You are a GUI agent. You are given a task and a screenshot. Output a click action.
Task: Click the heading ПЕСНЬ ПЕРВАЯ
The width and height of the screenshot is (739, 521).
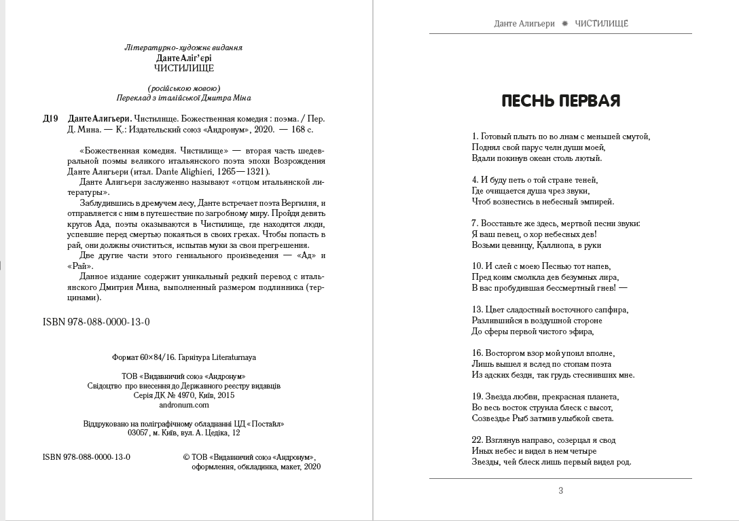[560, 101]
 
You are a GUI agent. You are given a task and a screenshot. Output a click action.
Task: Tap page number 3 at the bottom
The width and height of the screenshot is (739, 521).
[560, 490]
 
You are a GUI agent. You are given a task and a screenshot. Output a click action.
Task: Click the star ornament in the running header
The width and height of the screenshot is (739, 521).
[564, 24]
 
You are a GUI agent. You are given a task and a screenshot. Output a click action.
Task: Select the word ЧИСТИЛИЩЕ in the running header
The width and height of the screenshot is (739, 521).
[601, 24]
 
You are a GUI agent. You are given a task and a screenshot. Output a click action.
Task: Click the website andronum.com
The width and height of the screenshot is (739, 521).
[184, 405]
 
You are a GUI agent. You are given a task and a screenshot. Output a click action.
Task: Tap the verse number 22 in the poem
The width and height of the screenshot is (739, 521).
[477, 440]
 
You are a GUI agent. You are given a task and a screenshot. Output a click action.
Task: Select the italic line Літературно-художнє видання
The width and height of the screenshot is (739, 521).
[184, 48]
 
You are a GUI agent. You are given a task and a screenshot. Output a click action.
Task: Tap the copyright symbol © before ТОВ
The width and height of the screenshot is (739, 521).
[187, 457]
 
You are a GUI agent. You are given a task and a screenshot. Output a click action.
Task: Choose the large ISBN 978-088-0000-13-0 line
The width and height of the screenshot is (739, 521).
[96, 322]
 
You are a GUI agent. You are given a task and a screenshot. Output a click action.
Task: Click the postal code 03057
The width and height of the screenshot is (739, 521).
[139, 433]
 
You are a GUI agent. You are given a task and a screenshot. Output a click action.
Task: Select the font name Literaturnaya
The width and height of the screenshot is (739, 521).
[231, 357]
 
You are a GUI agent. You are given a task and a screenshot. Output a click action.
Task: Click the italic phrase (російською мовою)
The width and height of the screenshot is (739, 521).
[184, 88]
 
